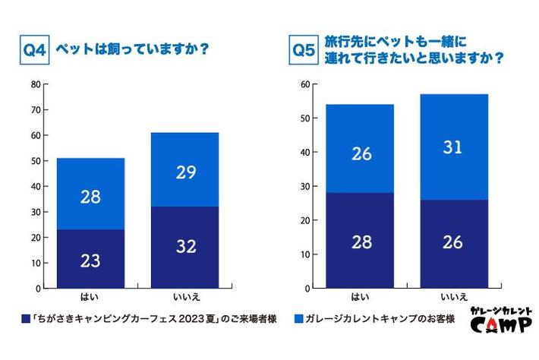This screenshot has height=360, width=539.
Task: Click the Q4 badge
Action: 35,52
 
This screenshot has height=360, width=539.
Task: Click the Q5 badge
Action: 304,51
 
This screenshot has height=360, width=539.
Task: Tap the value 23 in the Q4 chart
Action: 91,260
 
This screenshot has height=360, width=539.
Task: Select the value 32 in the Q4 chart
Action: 184,247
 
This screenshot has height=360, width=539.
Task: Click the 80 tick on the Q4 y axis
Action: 35,84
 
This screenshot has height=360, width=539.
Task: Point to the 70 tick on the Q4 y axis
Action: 35,110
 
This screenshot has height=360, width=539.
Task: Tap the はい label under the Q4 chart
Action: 91,295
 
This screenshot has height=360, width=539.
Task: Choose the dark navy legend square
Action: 26,320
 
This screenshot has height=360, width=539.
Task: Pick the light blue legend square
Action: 298,320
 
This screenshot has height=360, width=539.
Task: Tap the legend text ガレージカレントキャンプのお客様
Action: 380,320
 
